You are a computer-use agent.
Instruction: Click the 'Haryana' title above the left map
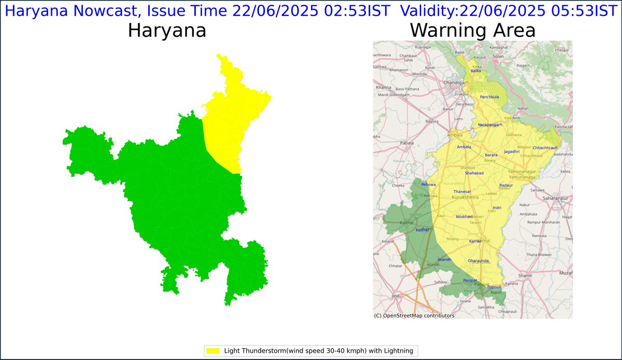tap(167, 31)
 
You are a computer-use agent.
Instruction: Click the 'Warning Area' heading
tap(472, 31)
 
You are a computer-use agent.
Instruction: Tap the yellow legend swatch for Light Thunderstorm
tap(213, 351)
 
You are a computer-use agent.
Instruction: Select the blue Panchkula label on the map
tap(489, 97)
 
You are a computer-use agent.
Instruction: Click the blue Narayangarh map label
tap(489, 125)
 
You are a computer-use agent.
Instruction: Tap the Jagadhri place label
tap(511, 152)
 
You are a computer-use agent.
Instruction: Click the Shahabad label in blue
tap(474, 173)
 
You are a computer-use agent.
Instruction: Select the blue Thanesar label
tap(462, 192)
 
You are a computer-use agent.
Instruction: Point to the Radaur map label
tap(506, 185)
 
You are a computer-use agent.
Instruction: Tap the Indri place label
tap(497, 207)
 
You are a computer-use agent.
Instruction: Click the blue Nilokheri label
tap(464, 217)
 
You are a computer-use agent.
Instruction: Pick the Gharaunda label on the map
tap(478, 261)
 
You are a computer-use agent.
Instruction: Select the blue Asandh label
tap(444, 259)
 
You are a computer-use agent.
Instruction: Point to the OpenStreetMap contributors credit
tap(414, 315)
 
